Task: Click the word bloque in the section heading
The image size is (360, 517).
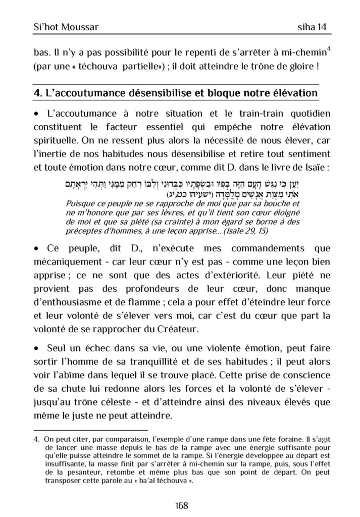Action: coord(207,93)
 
